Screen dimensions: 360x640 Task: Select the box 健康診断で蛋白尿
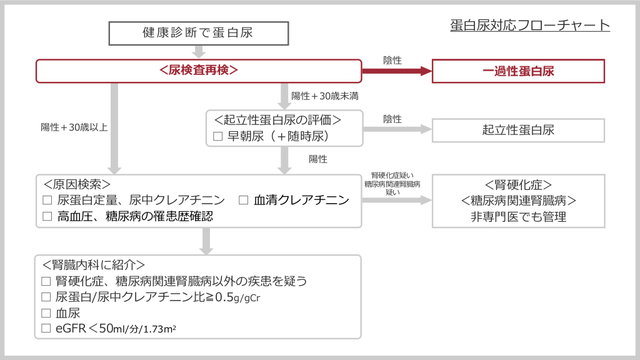[x=197, y=33]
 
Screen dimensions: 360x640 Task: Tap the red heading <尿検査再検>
[x=199, y=71]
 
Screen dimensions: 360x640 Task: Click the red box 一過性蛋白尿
[x=518, y=71]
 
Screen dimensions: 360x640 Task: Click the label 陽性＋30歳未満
[x=324, y=96]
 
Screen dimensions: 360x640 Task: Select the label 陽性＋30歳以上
[x=74, y=127]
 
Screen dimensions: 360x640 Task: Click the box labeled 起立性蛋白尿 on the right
[x=518, y=130]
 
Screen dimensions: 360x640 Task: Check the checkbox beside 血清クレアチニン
[x=244, y=201]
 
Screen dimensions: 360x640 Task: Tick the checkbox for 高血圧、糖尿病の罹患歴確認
[x=47, y=216]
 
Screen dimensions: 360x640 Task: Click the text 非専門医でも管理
[x=518, y=217]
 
